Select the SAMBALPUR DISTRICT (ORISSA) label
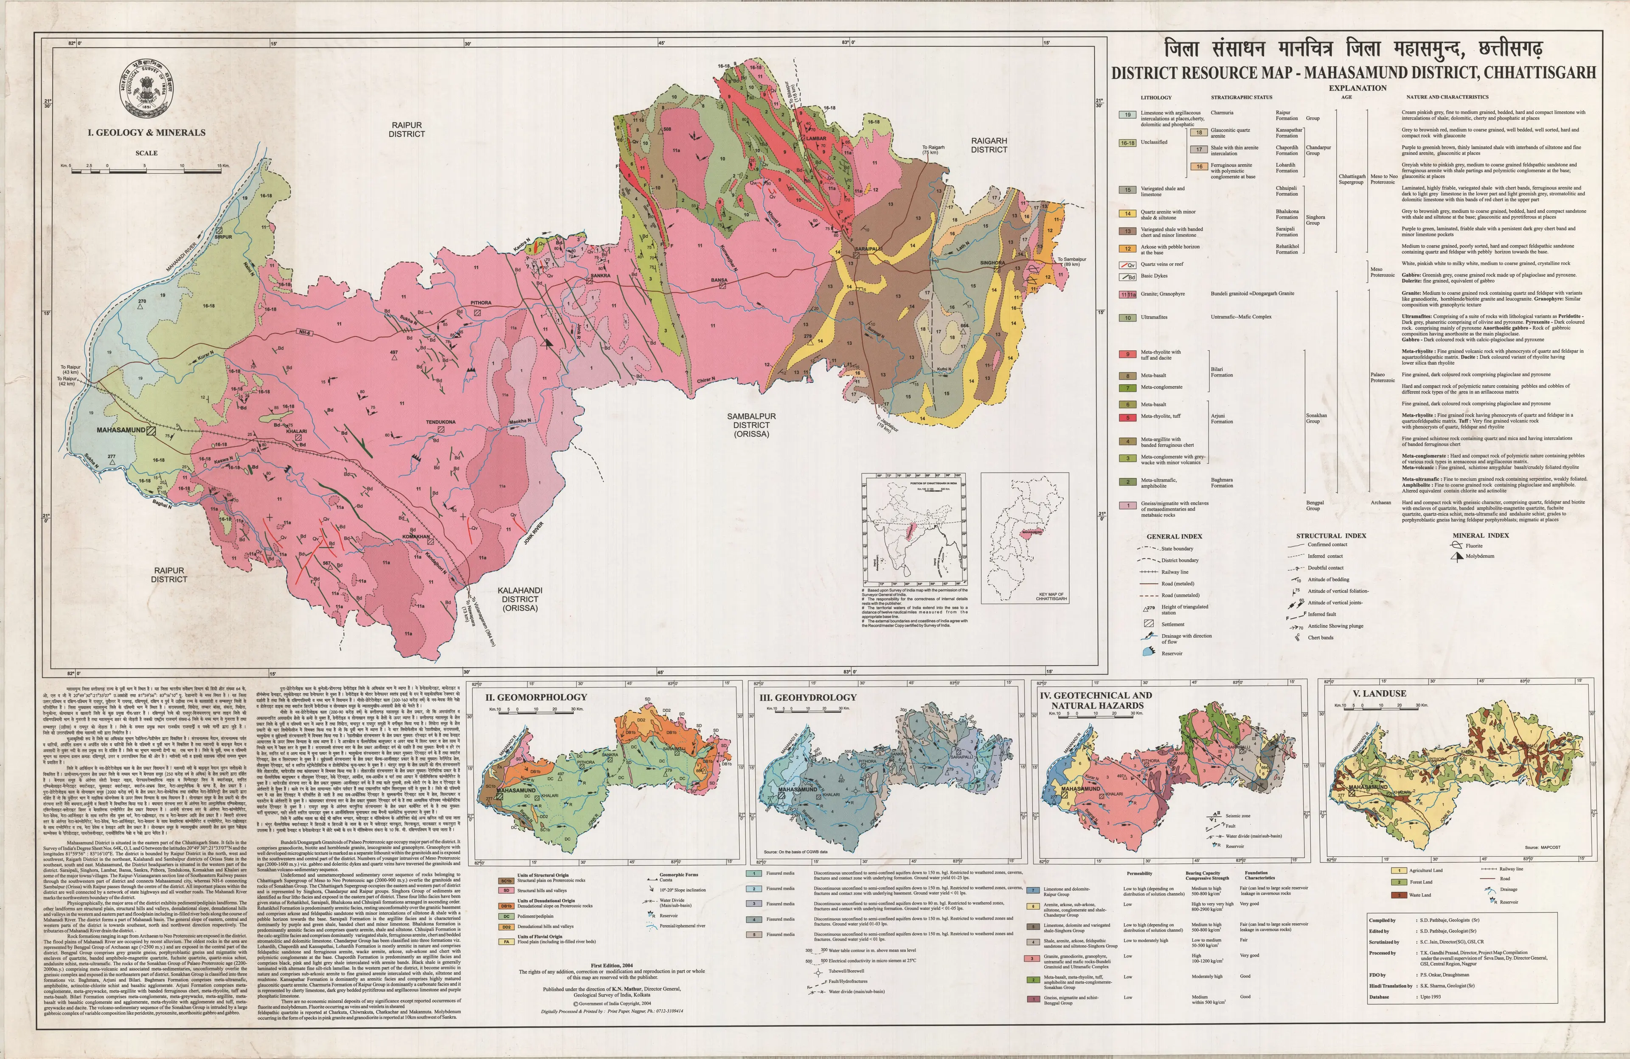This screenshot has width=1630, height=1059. [751, 425]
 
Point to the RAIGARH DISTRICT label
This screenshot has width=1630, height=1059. [988, 144]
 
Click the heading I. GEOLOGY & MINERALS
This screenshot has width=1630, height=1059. [146, 132]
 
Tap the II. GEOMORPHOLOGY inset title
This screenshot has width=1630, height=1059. [536, 697]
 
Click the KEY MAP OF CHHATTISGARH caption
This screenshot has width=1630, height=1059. [1052, 596]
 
